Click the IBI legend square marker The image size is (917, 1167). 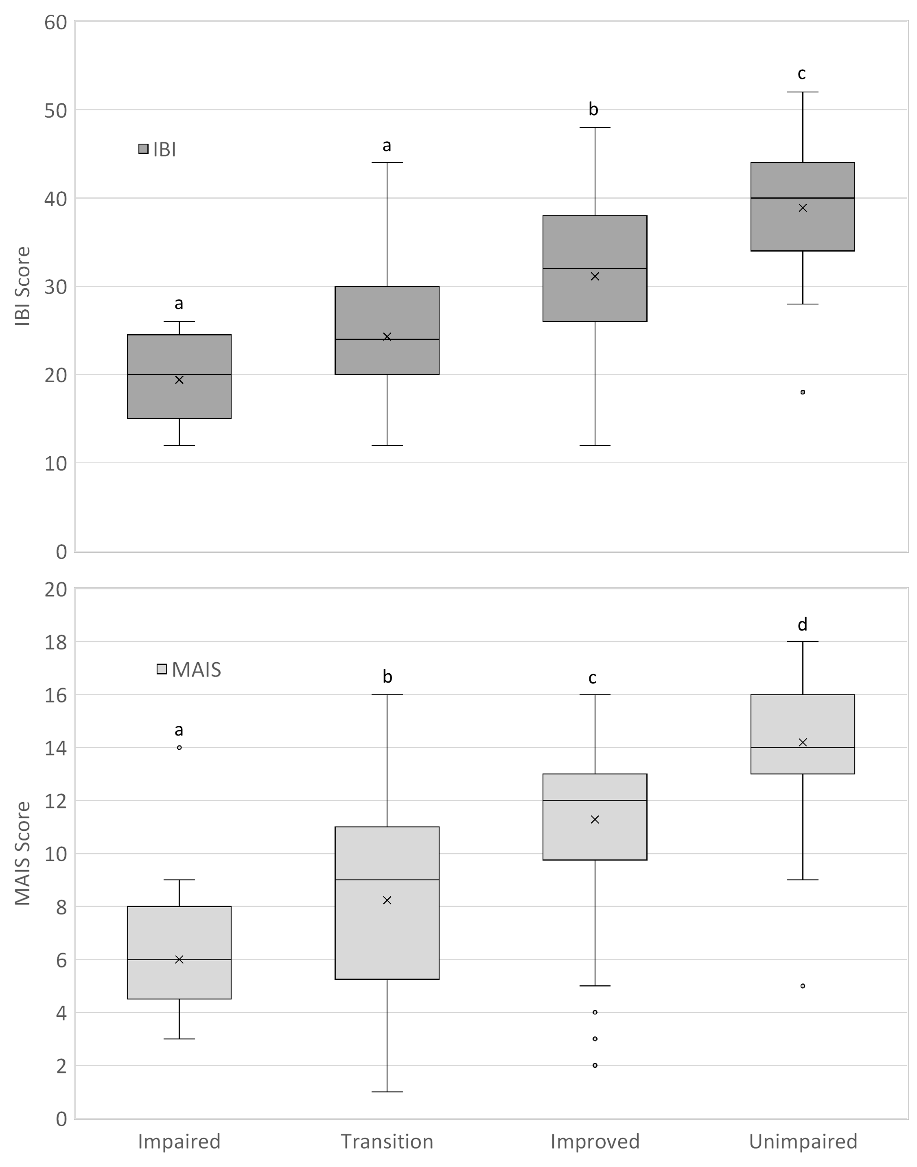click(143, 149)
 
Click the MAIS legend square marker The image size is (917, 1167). click(162, 669)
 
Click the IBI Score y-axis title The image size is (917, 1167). click(22, 286)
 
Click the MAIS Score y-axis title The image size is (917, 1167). click(22, 854)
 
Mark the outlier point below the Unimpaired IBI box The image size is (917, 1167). click(803, 392)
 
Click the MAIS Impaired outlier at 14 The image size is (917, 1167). click(179, 747)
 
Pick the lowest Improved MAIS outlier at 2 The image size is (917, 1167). click(595, 1065)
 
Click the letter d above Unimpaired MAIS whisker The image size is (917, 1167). click(802, 624)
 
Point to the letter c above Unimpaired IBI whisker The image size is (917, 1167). click(801, 74)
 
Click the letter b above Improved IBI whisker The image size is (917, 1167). click(593, 109)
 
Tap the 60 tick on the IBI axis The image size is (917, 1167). click(56, 22)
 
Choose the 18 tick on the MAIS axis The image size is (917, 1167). click(56, 642)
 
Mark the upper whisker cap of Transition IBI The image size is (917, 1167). click(387, 162)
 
